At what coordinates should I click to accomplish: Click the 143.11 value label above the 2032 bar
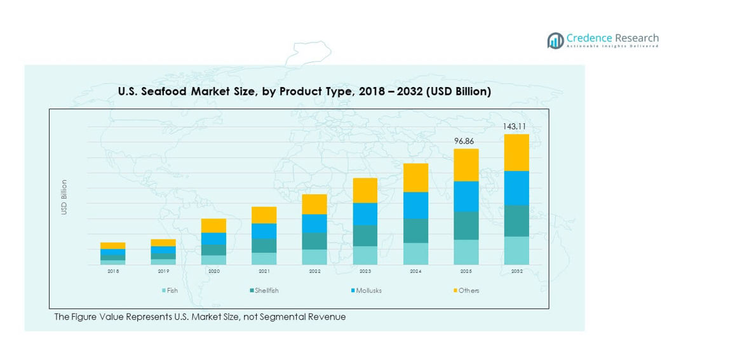coord(515,126)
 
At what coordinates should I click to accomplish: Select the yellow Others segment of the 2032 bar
coord(516,152)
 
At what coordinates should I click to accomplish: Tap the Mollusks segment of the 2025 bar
coord(466,196)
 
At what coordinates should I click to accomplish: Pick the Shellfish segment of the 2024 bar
coord(415,230)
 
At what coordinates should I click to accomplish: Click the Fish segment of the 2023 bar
coord(365,255)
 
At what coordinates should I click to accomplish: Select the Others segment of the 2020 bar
coord(213,225)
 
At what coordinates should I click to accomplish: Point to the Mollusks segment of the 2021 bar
coord(264,231)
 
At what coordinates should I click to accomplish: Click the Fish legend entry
coord(170,291)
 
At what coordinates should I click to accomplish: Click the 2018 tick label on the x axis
coord(113,271)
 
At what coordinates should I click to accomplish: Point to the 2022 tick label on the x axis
coord(314,271)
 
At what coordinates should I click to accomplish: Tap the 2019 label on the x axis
coord(163,271)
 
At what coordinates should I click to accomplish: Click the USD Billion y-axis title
coord(64,197)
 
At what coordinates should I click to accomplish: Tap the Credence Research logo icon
coord(555,41)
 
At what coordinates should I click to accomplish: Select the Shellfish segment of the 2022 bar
coord(314,241)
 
